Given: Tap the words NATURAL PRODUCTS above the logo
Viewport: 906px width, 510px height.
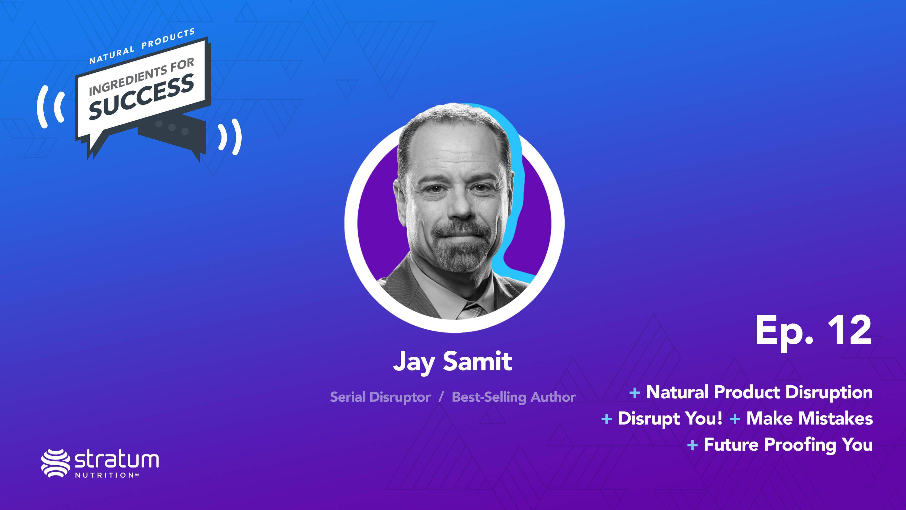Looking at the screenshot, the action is [142, 47].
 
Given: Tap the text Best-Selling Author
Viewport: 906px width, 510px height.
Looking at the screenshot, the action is [513, 397].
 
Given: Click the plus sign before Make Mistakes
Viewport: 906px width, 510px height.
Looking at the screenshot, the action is [735, 419].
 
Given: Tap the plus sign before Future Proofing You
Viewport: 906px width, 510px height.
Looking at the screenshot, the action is [692, 445].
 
